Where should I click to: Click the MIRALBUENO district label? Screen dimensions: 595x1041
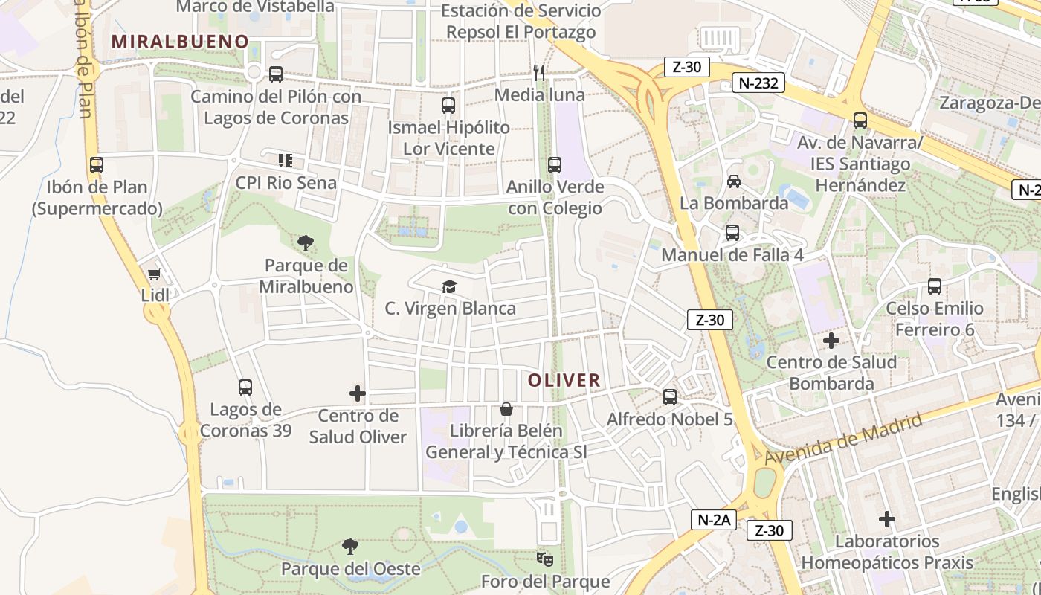point(179,41)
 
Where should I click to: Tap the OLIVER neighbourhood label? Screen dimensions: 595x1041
point(564,381)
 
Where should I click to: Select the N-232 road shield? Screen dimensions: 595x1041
point(758,83)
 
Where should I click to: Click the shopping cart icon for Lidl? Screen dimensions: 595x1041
point(155,274)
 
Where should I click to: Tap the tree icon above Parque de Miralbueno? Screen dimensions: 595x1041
point(305,242)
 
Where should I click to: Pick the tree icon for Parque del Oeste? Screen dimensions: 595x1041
point(349,547)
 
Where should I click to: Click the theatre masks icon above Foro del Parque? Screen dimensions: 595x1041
point(545,558)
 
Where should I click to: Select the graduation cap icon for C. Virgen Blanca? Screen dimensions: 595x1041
point(449,286)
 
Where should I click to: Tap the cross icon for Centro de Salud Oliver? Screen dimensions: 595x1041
point(358,393)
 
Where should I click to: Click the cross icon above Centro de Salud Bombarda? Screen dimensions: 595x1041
point(831,341)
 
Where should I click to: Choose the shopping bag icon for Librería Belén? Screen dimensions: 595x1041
point(506,409)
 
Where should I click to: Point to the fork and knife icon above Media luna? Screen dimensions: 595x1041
point(540,72)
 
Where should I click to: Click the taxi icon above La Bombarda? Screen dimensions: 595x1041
point(734,181)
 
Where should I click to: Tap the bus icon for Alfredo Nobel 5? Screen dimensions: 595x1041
point(670,397)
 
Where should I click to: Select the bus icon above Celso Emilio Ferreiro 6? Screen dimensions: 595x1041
point(935,286)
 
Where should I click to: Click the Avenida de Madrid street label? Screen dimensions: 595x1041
point(843,438)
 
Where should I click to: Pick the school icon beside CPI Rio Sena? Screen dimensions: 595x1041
point(286,161)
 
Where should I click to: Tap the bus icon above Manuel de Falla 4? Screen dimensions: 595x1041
point(732,233)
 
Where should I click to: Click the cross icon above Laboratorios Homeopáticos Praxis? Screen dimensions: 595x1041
point(886,519)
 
